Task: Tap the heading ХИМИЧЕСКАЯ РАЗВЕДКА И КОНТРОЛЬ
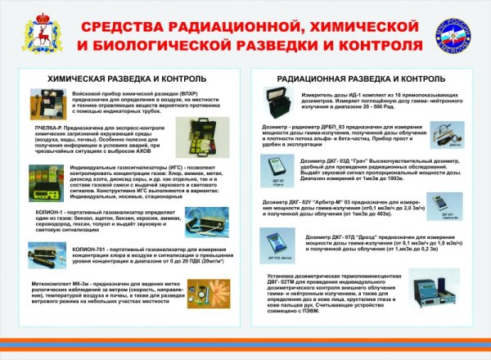[120, 79]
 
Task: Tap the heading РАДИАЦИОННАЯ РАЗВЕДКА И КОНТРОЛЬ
[362, 79]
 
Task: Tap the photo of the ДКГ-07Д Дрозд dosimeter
[277, 245]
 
